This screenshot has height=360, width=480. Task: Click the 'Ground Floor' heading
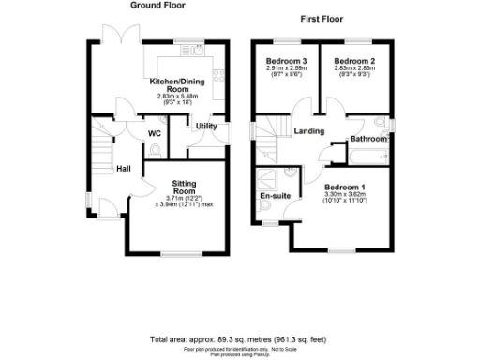(157, 6)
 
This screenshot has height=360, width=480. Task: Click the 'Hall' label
(122, 169)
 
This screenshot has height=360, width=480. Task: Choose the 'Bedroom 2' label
(351, 60)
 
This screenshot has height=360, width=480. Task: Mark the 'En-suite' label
(274, 196)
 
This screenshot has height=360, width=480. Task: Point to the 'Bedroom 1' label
(343, 187)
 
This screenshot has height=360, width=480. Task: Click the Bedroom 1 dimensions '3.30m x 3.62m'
(343, 195)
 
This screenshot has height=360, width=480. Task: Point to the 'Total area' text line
(240, 338)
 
